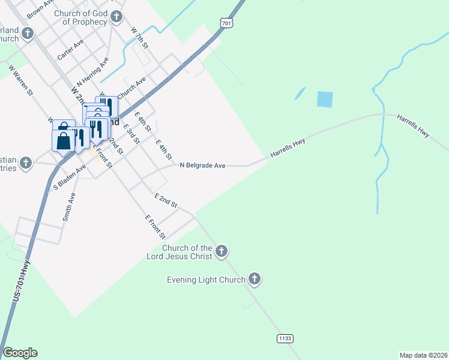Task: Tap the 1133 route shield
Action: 285,339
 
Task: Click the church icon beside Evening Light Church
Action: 255,279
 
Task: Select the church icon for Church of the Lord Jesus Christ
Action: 221,251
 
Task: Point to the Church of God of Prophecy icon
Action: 117,17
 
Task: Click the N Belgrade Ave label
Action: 202,165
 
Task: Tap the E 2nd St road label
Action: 166,201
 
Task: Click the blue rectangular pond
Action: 324,99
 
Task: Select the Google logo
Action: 20,353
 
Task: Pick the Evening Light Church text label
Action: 206,280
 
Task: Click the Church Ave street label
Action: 132,88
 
